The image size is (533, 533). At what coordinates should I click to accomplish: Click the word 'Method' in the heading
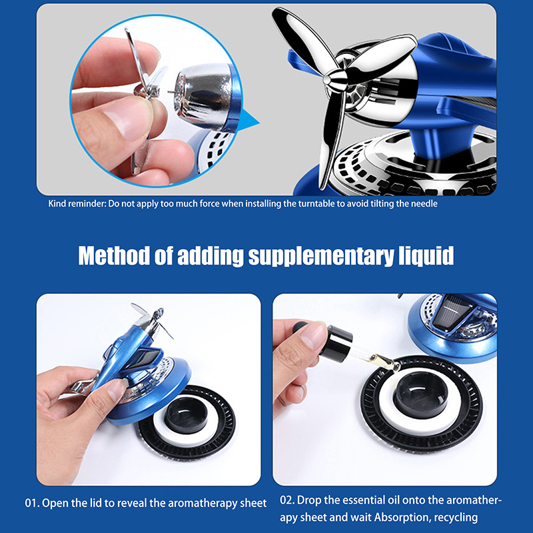114,256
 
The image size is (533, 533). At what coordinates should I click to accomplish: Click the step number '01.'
32,503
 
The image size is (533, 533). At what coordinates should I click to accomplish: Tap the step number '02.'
287,500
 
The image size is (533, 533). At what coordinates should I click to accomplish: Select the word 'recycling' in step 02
456,518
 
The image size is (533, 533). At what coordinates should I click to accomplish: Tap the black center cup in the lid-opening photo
186,414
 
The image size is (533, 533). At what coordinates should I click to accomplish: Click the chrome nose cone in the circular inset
204,93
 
